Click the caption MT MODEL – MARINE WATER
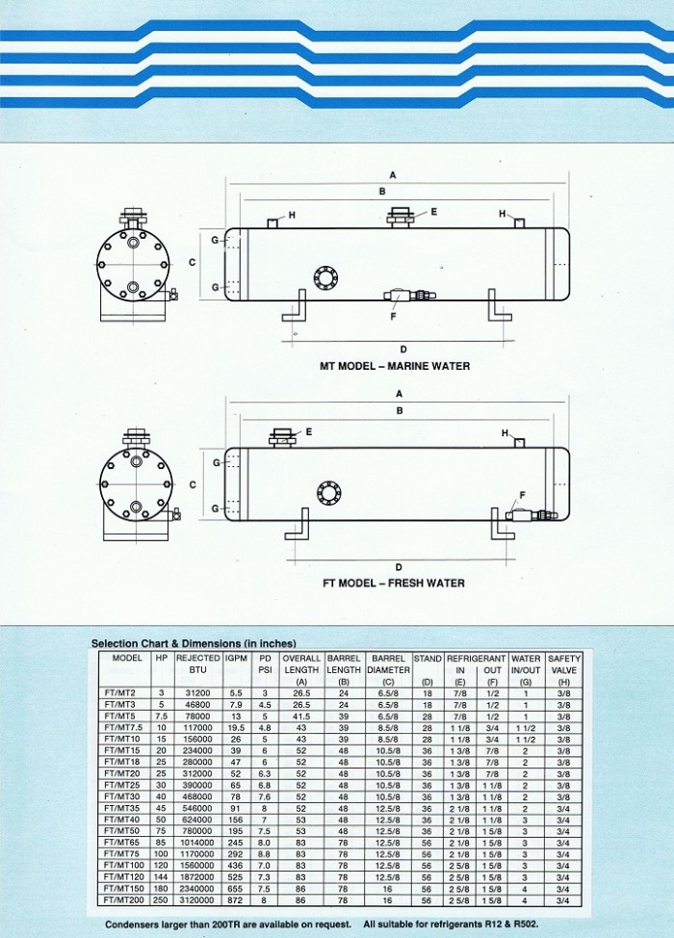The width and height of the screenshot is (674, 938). pos(395,366)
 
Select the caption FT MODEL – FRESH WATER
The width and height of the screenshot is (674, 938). pos(393,583)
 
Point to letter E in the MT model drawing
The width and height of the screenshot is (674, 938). pos(434,211)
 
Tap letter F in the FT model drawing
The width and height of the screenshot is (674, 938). pos(522,494)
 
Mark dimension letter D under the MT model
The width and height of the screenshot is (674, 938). pos(402,349)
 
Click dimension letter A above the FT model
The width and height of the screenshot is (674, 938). pos(399,393)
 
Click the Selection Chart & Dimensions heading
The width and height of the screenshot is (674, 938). pos(193,642)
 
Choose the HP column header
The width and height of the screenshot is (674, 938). pos(162,658)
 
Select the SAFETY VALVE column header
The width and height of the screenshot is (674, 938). pos(564,664)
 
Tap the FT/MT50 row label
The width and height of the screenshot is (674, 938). pos(121,830)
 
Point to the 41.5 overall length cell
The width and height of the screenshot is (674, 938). pos(300,717)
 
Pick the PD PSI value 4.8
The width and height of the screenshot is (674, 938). pos(264,728)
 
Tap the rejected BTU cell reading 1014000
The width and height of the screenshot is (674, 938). pos(197,841)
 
